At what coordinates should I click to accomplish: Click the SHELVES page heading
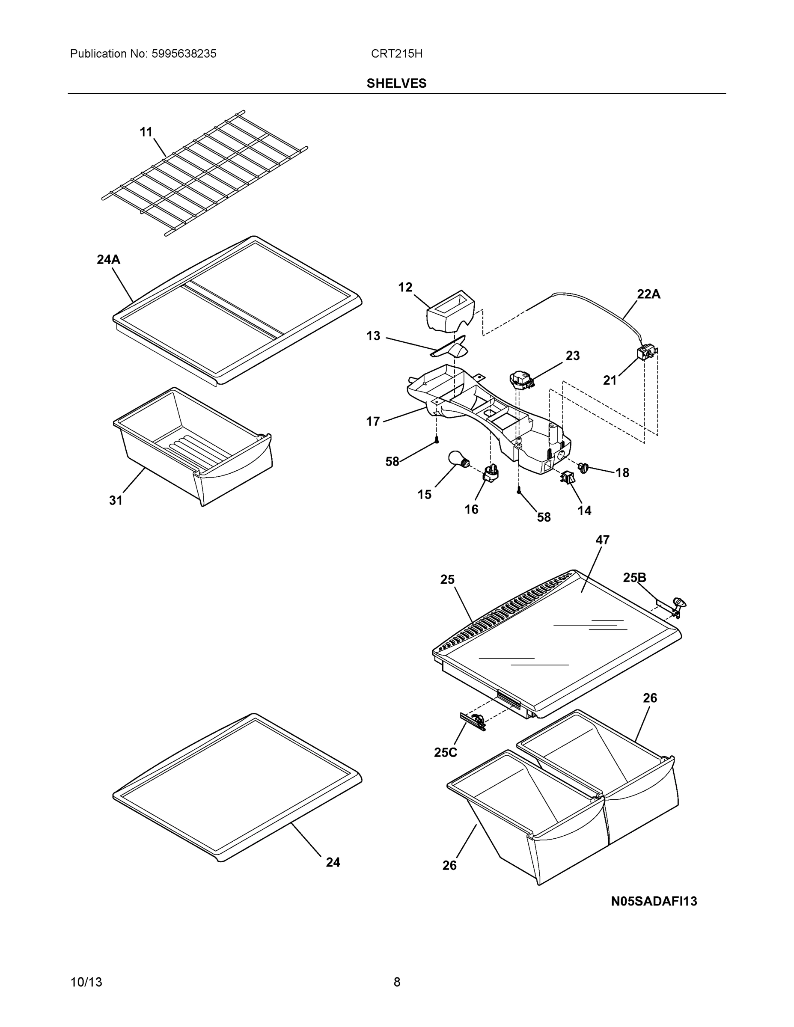click(x=396, y=83)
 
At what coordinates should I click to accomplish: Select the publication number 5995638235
click(x=184, y=54)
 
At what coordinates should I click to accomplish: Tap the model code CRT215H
click(x=396, y=54)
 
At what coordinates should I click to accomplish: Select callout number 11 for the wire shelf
click(x=146, y=132)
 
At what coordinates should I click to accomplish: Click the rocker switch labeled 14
click(x=566, y=478)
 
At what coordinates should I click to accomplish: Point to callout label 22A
click(x=648, y=294)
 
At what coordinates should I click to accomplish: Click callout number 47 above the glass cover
click(x=602, y=540)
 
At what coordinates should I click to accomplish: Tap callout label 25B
click(x=634, y=577)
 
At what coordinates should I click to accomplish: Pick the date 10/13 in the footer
click(x=86, y=982)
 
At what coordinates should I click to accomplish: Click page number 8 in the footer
click(x=396, y=982)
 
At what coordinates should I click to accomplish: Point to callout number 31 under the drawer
click(x=116, y=501)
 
